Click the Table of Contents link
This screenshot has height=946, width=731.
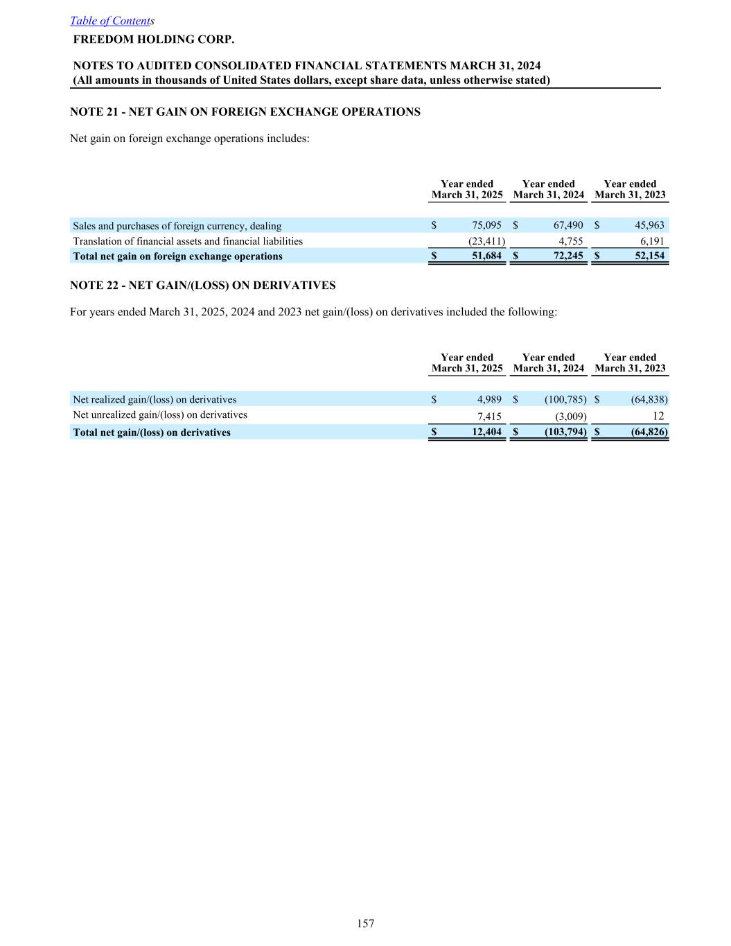tap(111, 21)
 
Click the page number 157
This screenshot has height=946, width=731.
tap(366, 923)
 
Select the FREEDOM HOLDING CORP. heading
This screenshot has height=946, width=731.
tap(154, 39)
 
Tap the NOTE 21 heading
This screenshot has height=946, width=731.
tap(245, 112)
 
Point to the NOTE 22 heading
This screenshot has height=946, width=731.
tap(202, 285)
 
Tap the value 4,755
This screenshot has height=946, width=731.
tap(570, 241)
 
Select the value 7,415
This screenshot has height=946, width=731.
tap(489, 417)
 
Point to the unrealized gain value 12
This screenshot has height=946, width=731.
tap(658, 416)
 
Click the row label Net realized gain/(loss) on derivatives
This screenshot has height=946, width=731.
tap(155, 399)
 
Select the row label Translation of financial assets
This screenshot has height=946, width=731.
tap(188, 241)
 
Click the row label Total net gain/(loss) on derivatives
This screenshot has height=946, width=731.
tap(152, 432)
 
